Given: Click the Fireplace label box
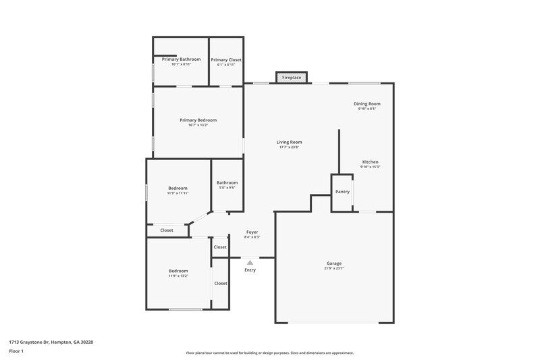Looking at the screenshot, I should (x=292, y=78).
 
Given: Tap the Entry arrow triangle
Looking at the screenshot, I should (x=250, y=262).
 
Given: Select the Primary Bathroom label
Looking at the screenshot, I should (x=181, y=59).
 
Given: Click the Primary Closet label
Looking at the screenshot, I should (x=226, y=59).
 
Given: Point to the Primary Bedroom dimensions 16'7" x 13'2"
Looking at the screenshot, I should (x=198, y=125).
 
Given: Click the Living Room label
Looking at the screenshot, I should (x=289, y=142).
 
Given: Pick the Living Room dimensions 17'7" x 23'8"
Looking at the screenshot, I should (x=289, y=147).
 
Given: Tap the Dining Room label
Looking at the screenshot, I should (x=367, y=103).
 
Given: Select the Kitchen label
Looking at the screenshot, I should (x=370, y=162).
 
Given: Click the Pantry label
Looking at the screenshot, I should (x=342, y=192).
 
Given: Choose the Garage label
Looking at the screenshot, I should (x=334, y=263).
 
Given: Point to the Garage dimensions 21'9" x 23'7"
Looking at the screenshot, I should (x=334, y=268).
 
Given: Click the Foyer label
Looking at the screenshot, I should (x=252, y=232).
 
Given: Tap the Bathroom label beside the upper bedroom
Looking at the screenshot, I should (x=227, y=182).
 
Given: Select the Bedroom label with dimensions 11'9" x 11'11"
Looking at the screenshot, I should (x=178, y=188).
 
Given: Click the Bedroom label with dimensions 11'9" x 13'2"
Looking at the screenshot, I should (x=178, y=271).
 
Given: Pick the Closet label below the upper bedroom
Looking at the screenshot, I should (x=167, y=230).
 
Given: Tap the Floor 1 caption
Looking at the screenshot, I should (x=17, y=352).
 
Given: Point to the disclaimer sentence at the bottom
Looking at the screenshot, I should (x=269, y=353).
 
